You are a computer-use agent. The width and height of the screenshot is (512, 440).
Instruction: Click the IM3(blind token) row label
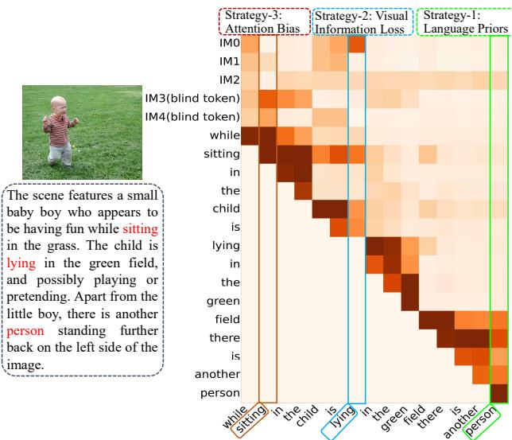coord(192,98)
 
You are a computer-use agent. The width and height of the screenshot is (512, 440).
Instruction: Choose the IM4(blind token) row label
coord(192,117)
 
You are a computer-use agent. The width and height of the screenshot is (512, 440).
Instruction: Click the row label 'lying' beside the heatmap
coord(225,246)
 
